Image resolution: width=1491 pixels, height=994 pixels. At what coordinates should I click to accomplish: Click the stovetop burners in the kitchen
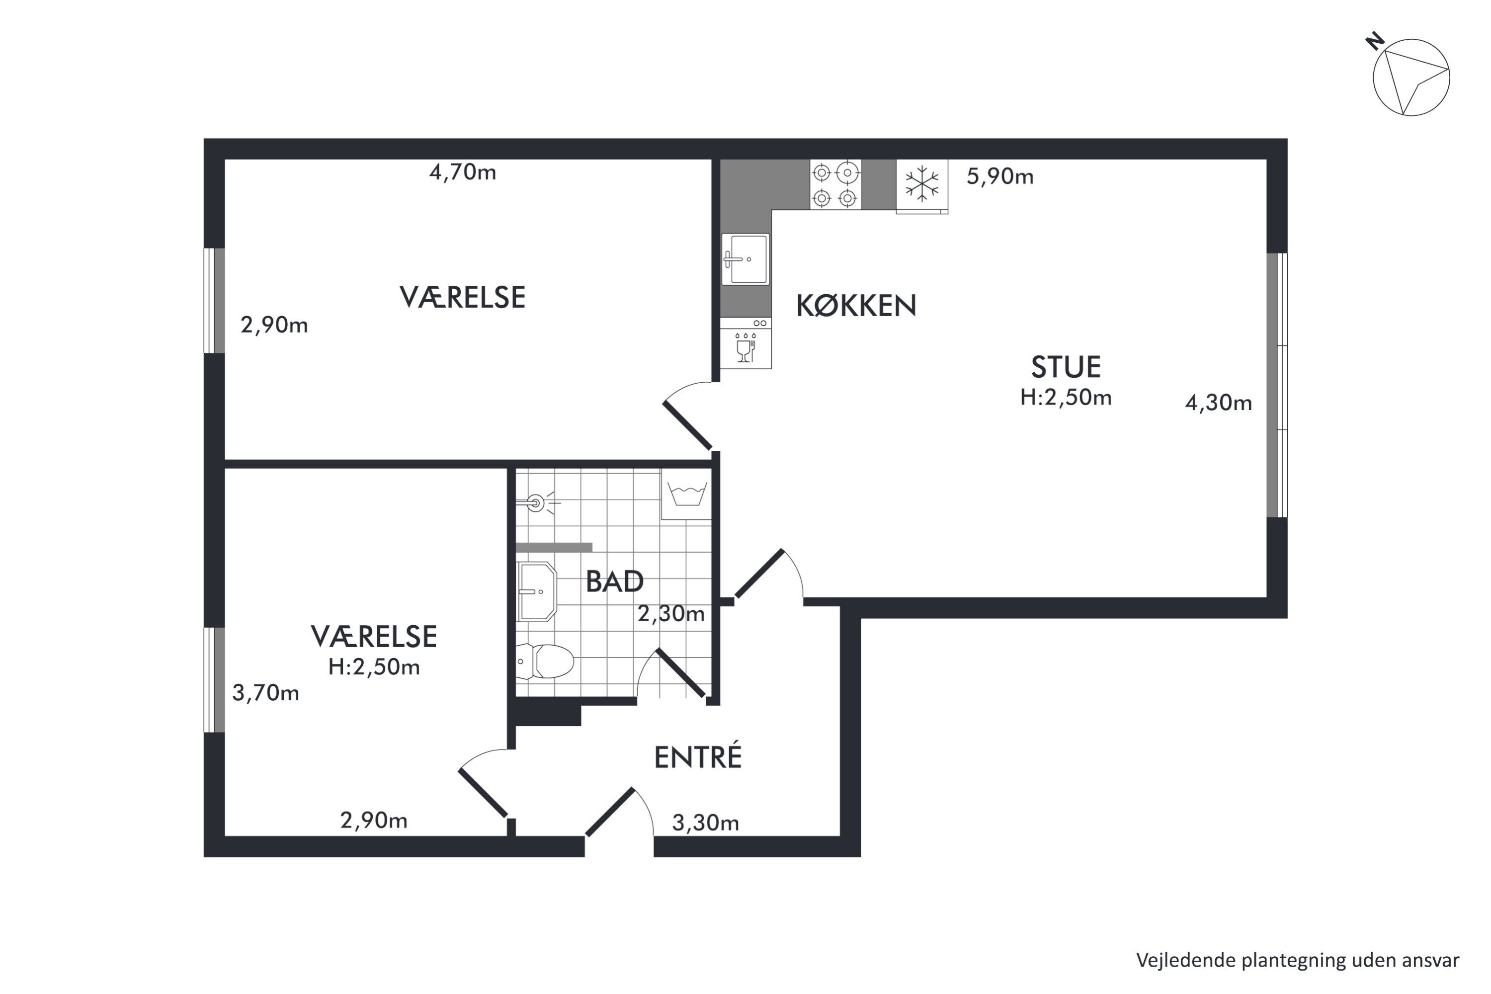coord(835,184)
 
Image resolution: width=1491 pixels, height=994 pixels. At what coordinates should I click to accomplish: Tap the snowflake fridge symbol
coord(922,184)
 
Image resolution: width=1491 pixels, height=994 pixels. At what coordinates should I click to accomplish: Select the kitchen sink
coord(745,258)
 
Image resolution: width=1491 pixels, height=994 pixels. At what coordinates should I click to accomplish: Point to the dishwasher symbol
coord(745,343)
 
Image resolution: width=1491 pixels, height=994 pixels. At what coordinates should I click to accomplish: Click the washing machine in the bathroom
coord(686,495)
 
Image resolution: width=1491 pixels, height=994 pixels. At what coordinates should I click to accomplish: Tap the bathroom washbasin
coord(537,592)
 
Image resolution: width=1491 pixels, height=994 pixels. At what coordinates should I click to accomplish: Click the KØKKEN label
coord(856,306)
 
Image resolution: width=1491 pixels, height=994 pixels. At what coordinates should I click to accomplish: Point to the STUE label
coord(1066,367)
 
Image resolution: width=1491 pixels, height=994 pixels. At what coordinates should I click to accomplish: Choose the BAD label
coord(614,581)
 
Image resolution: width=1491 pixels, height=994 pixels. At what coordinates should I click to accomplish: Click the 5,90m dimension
coord(999,176)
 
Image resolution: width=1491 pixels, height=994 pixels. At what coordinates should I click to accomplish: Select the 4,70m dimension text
coord(463,172)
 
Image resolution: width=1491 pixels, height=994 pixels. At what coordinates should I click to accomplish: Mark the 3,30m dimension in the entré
coord(706,823)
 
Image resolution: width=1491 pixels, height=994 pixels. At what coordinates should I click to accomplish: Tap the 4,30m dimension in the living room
coord(1219,403)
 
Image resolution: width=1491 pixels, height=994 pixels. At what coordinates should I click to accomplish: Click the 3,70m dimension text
coord(265,693)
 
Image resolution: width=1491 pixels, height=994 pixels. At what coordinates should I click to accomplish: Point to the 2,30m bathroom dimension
coord(670,614)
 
